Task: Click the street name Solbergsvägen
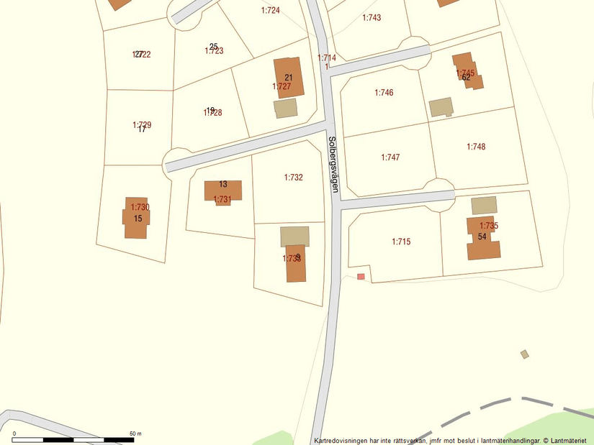click(333, 163)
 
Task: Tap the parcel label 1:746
click(384, 93)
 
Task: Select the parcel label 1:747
click(390, 157)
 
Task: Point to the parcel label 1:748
click(476, 147)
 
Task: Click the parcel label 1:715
click(401, 242)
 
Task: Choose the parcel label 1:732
click(293, 178)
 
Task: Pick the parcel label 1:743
click(372, 18)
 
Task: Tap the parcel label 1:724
click(270, 11)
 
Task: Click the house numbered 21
click(289, 78)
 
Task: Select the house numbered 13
click(223, 191)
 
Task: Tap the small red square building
click(361, 276)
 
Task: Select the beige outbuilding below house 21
click(285, 109)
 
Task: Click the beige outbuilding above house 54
click(484, 205)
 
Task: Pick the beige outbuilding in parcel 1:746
click(441, 107)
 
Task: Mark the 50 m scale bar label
click(135, 433)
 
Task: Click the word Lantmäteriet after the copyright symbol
click(571, 440)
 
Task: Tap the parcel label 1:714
click(327, 58)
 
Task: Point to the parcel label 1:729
click(142, 125)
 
